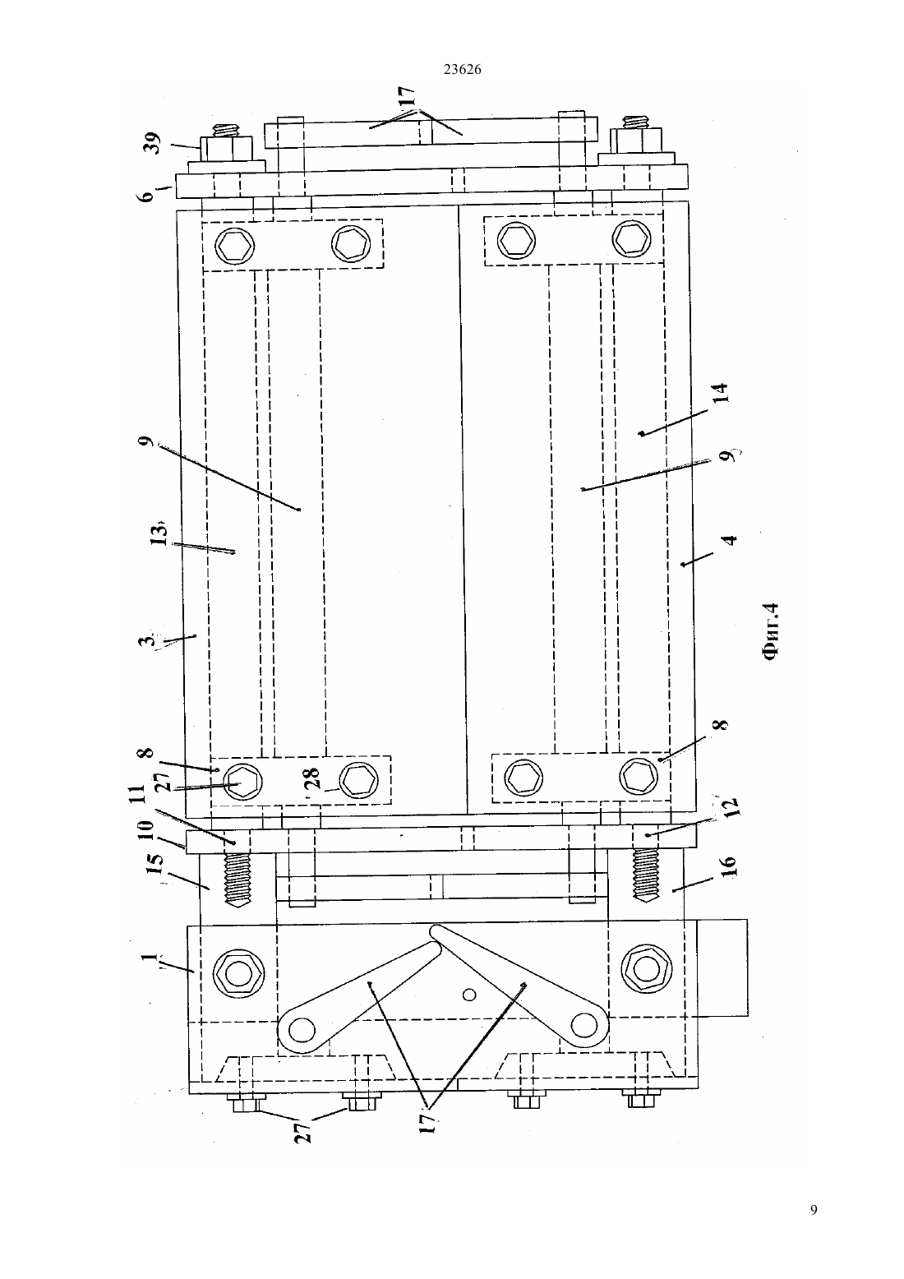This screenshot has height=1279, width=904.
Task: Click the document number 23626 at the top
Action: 462,69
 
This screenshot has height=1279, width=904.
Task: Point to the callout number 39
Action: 154,143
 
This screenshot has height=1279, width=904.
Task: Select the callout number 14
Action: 721,393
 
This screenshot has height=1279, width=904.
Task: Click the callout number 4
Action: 730,539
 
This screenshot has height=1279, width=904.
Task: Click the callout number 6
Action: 147,196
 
